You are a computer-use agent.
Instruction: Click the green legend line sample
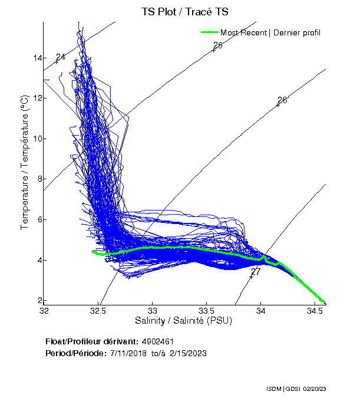[x=209, y=32]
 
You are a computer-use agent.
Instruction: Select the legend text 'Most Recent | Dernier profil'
[x=270, y=32]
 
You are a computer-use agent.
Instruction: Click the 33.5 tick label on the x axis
[x=207, y=310]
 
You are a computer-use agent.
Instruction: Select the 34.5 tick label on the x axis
[x=316, y=310]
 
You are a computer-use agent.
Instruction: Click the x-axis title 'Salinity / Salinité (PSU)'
[x=184, y=321]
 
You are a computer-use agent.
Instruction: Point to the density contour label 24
[x=60, y=57]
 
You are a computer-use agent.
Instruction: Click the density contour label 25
[x=217, y=45]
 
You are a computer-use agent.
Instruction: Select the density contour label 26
[x=282, y=100]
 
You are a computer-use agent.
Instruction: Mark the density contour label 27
[x=255, y=272]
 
